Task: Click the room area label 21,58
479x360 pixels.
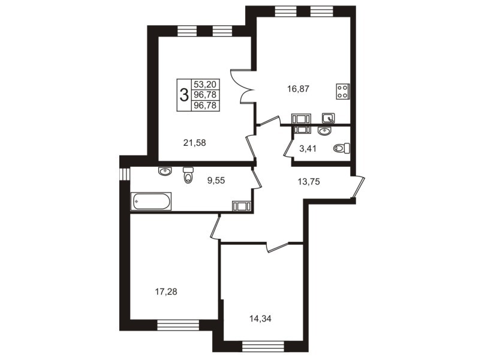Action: (195, 143)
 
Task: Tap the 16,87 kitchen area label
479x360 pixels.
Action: (298, 89)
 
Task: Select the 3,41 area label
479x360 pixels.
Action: (308, 149)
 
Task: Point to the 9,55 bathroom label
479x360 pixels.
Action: (216, 181)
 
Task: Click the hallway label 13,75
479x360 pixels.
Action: (309, 182)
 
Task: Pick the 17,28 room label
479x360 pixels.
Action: (166, 292)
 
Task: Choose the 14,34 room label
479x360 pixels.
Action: (260, 319)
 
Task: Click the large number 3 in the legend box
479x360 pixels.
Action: (184, 95)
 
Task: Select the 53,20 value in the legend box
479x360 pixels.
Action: (205, 84)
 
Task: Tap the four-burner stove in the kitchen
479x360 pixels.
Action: (343, 91)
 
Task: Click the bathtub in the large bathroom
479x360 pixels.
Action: (151, 201)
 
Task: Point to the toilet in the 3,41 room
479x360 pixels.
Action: (342, 148)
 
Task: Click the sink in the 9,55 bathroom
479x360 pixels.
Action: (165, 171)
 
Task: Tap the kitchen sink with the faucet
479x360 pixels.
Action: (329, 118)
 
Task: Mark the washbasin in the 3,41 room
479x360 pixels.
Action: (324, 131)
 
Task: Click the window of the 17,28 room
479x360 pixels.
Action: (178, 325)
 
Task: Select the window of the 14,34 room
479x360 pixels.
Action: (263, 347)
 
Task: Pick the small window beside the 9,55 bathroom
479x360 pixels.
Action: (125, 173)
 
